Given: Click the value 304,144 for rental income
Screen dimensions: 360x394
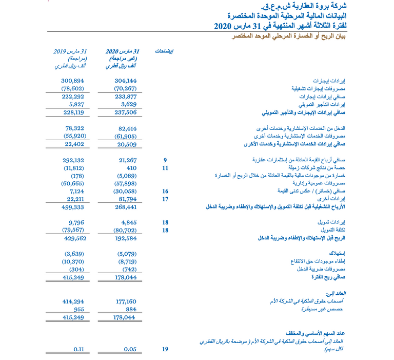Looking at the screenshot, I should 125,81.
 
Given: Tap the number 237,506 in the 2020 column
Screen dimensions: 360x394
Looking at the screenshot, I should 125,112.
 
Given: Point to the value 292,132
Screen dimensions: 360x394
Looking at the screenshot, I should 73,160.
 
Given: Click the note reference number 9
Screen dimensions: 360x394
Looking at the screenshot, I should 165,160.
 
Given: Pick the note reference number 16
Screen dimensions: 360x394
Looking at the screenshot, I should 165,191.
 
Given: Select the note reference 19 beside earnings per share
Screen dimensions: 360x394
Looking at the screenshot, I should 165,349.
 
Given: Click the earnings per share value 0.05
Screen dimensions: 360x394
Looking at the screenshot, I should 130,349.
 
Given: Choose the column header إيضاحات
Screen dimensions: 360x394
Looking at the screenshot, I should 164,51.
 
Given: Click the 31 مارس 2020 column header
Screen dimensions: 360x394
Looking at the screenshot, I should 122,51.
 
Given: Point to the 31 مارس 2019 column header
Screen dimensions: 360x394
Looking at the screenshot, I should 70,51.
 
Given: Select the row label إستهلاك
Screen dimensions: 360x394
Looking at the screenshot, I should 337,253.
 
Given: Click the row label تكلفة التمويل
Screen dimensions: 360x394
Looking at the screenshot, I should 332,231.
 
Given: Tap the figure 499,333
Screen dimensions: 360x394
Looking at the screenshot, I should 73,207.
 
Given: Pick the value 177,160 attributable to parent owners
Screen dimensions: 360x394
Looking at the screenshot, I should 125,301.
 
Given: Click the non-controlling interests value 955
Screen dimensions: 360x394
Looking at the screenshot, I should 78,310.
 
